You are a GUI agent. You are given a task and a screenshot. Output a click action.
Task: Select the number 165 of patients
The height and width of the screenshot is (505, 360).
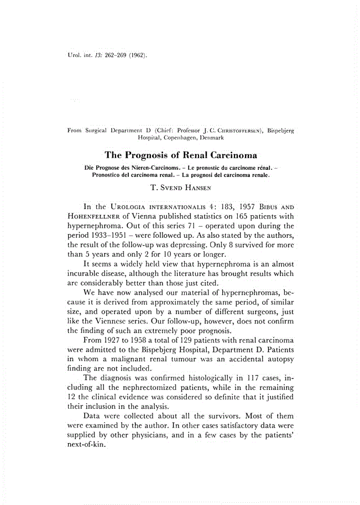[x=236, y=215]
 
